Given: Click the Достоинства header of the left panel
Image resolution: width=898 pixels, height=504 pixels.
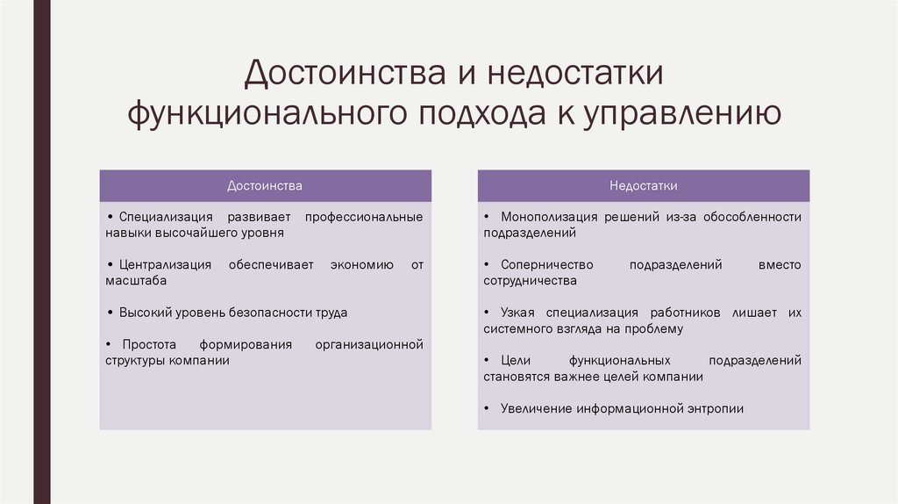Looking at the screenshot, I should click(x=265, y=186).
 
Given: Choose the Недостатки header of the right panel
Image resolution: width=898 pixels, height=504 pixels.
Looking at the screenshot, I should click(x=644, y=186).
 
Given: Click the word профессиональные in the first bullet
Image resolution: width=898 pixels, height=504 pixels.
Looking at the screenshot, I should click(x=364, y=217).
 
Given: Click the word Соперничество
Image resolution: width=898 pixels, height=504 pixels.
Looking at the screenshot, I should click(x=547, y=264).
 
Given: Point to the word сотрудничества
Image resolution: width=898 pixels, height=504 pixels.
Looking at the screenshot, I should click(x=530, y=281).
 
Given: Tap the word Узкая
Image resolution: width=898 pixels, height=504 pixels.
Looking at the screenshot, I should click(x=517, y=313).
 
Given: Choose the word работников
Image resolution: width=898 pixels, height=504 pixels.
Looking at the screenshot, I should click(x=686, y=313).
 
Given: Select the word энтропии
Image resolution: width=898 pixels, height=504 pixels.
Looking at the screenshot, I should click(x=711, y=408).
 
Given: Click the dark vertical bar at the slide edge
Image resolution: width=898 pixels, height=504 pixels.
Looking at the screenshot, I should click(x=41, y=252).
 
